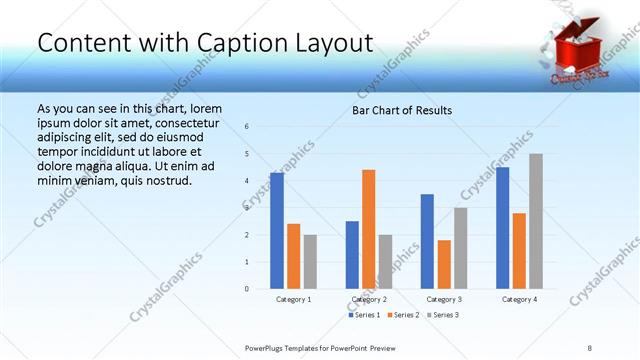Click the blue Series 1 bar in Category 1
[x=277, y=231]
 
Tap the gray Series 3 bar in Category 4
[x=536, y=221]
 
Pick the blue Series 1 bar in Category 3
[x=427, y=241]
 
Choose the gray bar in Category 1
[x=310, y=262]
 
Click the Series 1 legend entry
[x=365, y=315]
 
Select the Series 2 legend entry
[x=404, y=315]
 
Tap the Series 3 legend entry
[x=443, y=315]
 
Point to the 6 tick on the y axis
[x=247, y=127]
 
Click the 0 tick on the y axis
[x=247, y=289]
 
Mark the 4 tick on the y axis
[x=247, y=181]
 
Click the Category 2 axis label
[x=369, y=299]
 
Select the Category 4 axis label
[x=519, y=299]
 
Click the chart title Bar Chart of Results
[x=402, y=110]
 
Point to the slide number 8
[x=590, y=347]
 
